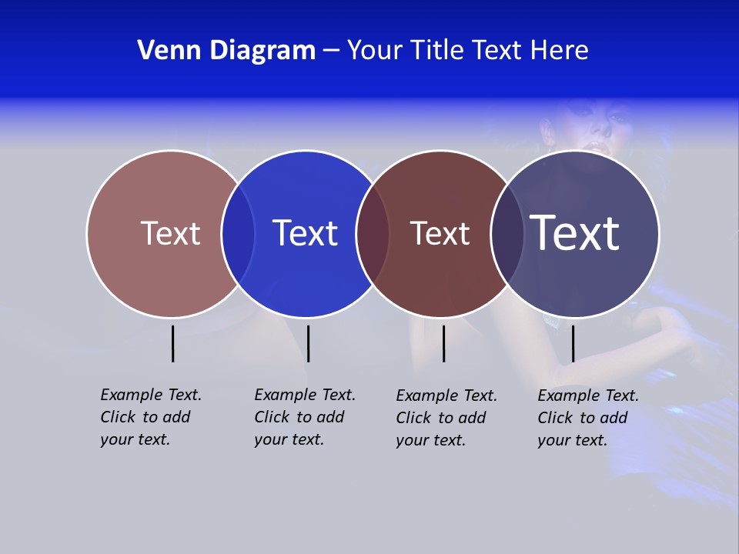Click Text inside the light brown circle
pyautogui.click(x=170, y=233)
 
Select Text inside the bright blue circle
pyautogui.click(x=306, y=233)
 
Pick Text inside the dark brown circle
pyautogui.click(x=440, y=234)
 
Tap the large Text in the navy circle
pyautogui.click(x=575, y=232)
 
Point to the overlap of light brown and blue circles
pyautogui.click(x=238, y=233)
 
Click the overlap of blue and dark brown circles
pyautogui.click(x=373, y=233)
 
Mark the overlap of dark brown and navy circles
pyautogui.click(x=507, y=233)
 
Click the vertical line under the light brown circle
pyautogui.click(x=173, y=343)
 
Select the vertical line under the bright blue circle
pyautogui.click(x=308, y=343)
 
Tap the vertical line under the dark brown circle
pyautogui.click(x=443, y=343)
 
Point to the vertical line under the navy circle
pyautogui.click(x=573, y=343)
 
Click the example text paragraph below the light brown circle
pyautogui.click(x=150, y=417)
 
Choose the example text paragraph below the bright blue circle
pyautogui.click(x=304, y=417)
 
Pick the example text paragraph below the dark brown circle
pyautogui.click(x=446, y=418)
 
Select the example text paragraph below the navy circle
pyautogui.click(x=587, y=418)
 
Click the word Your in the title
pyautogui.click(x=375, y=51)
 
